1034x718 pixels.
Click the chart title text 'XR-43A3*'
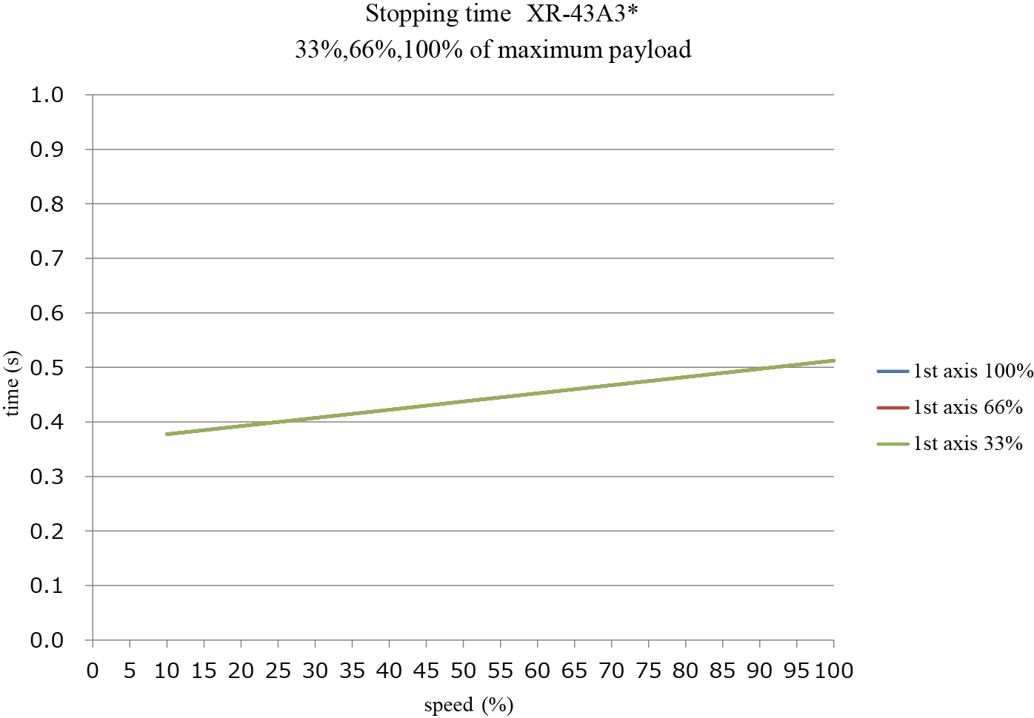582,14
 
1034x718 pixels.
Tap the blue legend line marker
893,371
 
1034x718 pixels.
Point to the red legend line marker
893,407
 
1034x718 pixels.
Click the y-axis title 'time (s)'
13,383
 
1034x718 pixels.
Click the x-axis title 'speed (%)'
468,705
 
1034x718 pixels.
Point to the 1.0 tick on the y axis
47,95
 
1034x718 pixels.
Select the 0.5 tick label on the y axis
47,368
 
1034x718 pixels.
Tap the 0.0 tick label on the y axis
47,641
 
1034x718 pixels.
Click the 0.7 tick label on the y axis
47,259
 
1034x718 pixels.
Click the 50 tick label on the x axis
463,671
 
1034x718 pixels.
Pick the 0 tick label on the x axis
93,671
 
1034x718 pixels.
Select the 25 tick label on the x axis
278,671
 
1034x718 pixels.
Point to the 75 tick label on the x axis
648,671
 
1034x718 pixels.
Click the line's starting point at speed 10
167,434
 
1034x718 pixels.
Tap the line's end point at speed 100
834,360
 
